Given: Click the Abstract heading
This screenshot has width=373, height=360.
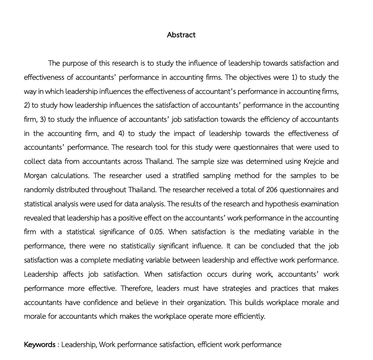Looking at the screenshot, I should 181,35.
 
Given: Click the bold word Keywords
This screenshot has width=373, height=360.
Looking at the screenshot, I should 39,345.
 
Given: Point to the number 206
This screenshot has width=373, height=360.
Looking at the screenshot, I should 272,190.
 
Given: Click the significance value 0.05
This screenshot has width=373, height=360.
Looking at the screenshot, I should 157,232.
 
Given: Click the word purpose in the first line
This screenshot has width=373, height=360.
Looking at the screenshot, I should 76,63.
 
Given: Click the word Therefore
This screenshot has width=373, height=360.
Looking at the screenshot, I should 137,288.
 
